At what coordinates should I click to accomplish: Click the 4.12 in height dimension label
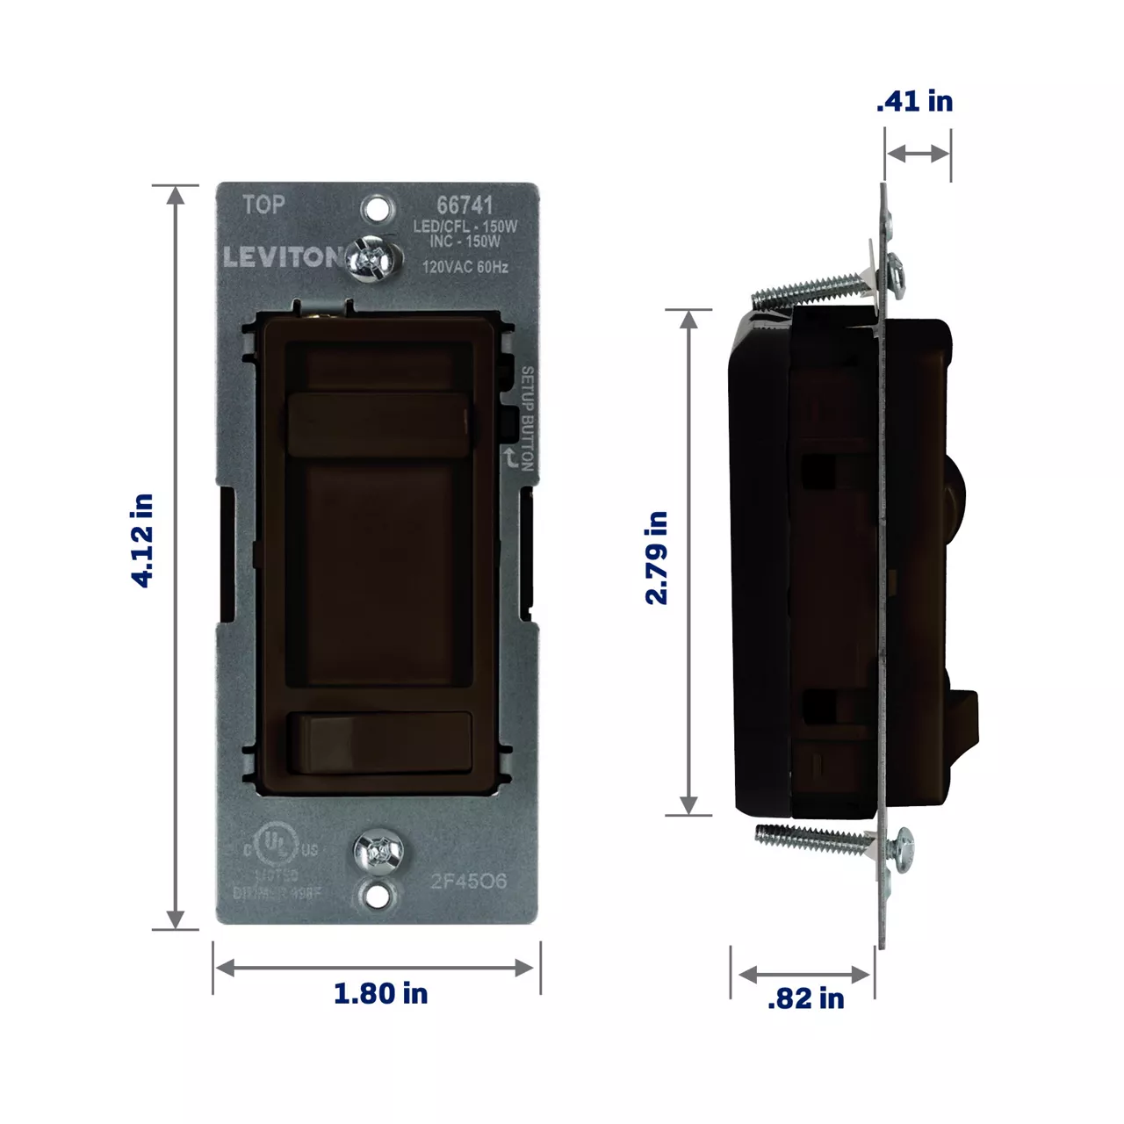click(142, 540)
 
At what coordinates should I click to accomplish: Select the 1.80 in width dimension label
click(380, 993)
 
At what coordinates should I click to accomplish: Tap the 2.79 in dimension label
click(657, 558)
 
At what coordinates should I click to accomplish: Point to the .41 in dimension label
click(914, 101)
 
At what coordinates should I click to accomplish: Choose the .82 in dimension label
click(805, 998)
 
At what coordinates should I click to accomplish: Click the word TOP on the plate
click(263, 205)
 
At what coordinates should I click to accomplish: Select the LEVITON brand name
click(281, 257)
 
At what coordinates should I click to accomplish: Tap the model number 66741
click(465, 205)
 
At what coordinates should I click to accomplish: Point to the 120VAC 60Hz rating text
click(465, 266)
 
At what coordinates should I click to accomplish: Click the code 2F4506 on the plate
click(468, 881)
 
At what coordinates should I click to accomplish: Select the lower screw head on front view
click(378, 852)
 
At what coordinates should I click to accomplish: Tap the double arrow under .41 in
click(918, 154)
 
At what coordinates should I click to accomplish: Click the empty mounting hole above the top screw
click(377, 209)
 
